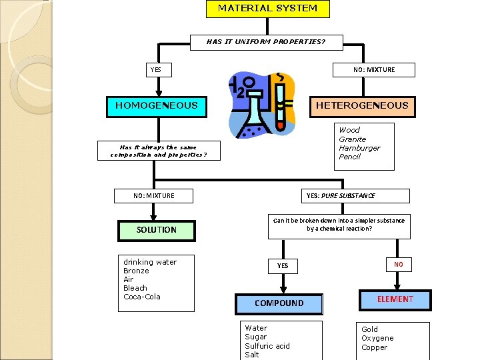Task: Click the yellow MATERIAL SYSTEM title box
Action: click(x=267, y=9)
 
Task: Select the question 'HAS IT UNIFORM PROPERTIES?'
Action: click(x=266, y=42)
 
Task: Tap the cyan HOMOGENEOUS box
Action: click(x=157, y=105)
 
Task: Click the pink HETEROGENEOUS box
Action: click(x=362, y=105)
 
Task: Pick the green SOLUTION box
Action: click(x=157, y=230)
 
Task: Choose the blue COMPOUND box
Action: click(x=279, y=303)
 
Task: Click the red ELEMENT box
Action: click(x=395, y=299)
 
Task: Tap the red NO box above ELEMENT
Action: click(x=398, y=265)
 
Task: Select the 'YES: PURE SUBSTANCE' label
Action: click(x=340, y=196)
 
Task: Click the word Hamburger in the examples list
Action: click(x=359, y=148)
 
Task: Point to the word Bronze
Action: click(x=137, y=271)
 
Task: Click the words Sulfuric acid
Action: click(x=267, y=346)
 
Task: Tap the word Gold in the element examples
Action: click(x=369, y=329)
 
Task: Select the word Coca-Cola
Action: click(x=142, y=297)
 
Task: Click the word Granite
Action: click(x=352, y=139)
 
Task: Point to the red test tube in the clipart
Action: click(x=281, y=107)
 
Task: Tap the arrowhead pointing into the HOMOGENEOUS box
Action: click(x=158, y=94)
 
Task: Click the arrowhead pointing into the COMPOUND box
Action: click(x=283, y=290)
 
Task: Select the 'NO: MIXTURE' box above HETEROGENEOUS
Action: click(x=374, y=70)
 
